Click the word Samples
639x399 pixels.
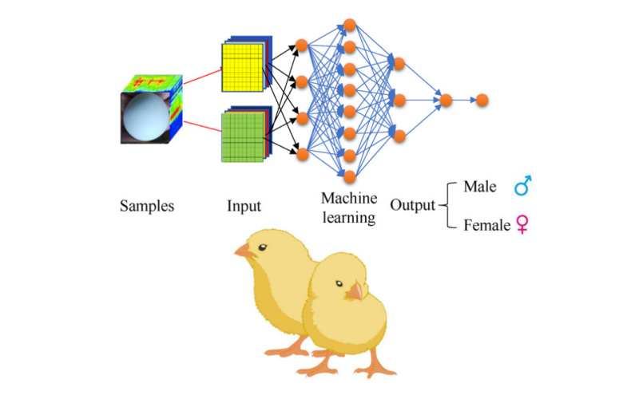(147, 206)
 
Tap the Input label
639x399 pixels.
(244, 206)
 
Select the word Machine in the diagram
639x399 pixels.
(349, 197)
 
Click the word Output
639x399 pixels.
(412, 205)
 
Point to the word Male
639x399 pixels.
(479, 187)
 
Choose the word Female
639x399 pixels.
(486, 226)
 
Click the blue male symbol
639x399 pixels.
(523, 187)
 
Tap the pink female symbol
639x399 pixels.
(523, 225)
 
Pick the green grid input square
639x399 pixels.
(242, 136)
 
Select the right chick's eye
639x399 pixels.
(339, 284)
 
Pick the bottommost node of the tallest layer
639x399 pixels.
(349, 175)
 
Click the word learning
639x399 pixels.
(349, 216)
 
